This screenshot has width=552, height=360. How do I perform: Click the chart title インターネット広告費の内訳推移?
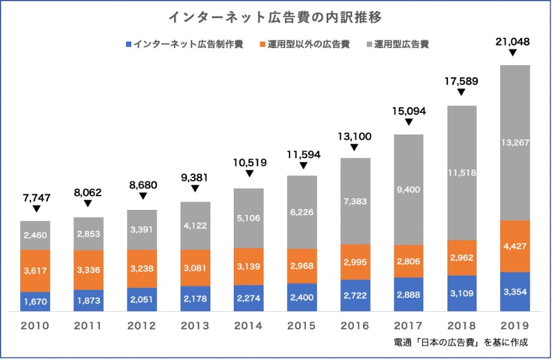point(276,16)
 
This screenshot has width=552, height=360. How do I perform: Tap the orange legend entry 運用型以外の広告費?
point(308,45)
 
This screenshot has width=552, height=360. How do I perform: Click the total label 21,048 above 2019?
point(514,42)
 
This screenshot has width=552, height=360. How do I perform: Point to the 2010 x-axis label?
point(36,326)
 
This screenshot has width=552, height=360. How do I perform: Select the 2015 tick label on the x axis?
point(302,326)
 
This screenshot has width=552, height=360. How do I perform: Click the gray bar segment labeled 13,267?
point(514,143)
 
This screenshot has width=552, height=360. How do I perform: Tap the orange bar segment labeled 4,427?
point(514,246)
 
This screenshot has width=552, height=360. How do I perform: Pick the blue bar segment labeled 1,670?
point(36,302)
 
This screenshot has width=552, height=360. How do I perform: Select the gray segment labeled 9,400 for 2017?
point(408,190)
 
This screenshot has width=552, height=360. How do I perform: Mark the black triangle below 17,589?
point(461,93)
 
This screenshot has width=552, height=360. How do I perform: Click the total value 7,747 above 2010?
point(36,196)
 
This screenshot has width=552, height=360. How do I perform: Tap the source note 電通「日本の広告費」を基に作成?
point(460,342)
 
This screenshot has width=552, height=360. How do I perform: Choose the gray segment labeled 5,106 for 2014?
point(249,218)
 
